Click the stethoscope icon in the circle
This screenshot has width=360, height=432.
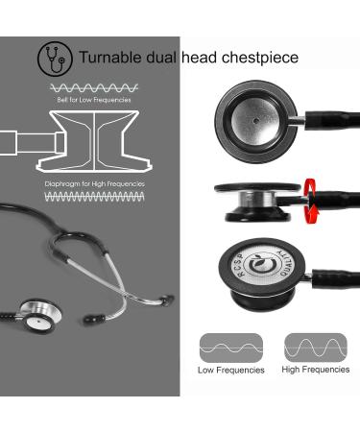pyautogui.click(x=55, y=59)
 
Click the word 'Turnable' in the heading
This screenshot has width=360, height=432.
pyautogui.click(x=108, y=58)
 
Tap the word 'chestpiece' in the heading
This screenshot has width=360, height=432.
pyautogui.click(x=260, y=58)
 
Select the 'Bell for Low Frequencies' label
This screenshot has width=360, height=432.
pyautogui.click(x=91, y=100)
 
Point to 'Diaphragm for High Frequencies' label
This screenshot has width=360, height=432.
pyautogui.click(x=94, y=182)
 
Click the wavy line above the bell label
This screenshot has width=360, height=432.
pyautogui.click(x=91, y=88)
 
